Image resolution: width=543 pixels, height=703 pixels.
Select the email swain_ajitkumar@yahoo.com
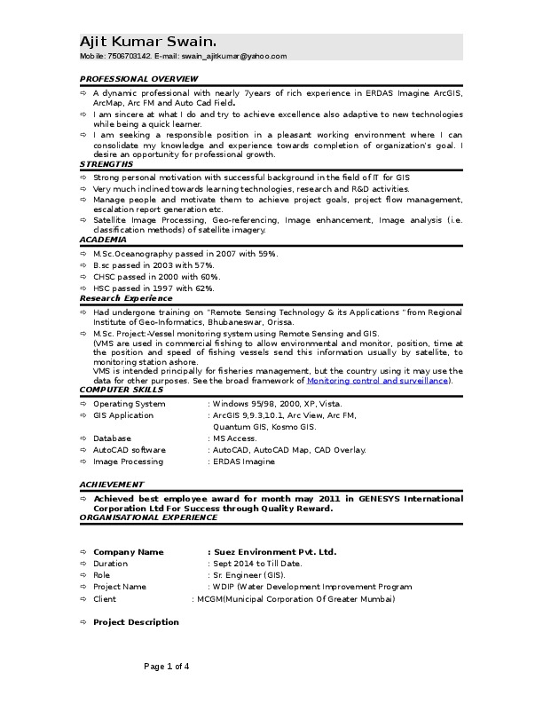(234, 56)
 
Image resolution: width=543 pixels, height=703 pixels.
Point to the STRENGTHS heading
(106, 164)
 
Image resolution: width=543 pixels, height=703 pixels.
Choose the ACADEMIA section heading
(103, 240)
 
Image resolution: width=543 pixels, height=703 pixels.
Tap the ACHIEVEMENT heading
(111, 485)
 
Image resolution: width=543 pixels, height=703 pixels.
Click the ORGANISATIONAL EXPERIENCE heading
(148, 517)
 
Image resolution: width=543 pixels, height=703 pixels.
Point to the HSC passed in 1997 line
(153, 288)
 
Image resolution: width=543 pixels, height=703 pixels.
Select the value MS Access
(234, 438)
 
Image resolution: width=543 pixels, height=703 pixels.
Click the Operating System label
(129, 404)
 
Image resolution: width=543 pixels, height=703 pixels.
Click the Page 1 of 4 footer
(167, 666)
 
